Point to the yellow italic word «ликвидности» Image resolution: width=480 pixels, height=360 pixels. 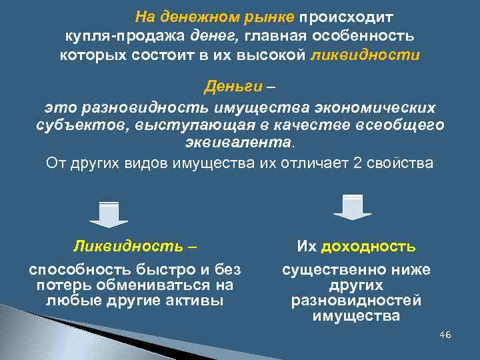click(365, 55)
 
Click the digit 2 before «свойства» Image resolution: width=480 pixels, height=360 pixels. click(355, 163)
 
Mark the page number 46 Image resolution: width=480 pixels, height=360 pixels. click(445, 334)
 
